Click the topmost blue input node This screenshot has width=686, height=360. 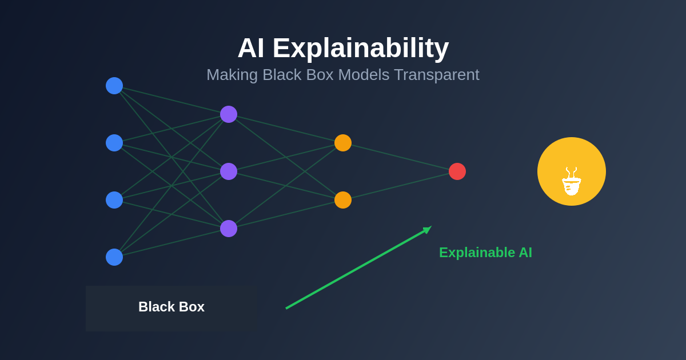click(x=114, y=86)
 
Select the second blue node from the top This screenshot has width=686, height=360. click(x=114, y=143)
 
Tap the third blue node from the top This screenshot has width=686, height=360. click(x=114, y=200)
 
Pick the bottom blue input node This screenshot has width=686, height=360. click(x=114, y=257)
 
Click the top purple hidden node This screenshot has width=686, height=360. click(x=229, y=114)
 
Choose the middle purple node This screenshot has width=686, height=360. click(x=229, y=171)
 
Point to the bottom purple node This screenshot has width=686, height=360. click(x=229, y=229)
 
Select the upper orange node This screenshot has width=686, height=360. click(x=343, y=143)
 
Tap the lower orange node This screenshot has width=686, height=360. click(x=343, y=200)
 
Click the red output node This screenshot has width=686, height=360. click(x=457, y=171)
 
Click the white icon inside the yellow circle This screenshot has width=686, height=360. click(x=572, y=182)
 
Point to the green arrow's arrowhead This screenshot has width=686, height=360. click(x=427, y=229)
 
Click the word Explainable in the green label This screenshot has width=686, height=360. click(x=477, y=253)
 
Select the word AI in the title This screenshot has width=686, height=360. click(x=250, y=48)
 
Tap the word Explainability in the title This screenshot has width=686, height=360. click(x=361, y=48)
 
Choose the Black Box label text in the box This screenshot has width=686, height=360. click(x=171, y=307)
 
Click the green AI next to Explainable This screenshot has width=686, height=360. click(x=525, y=253)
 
